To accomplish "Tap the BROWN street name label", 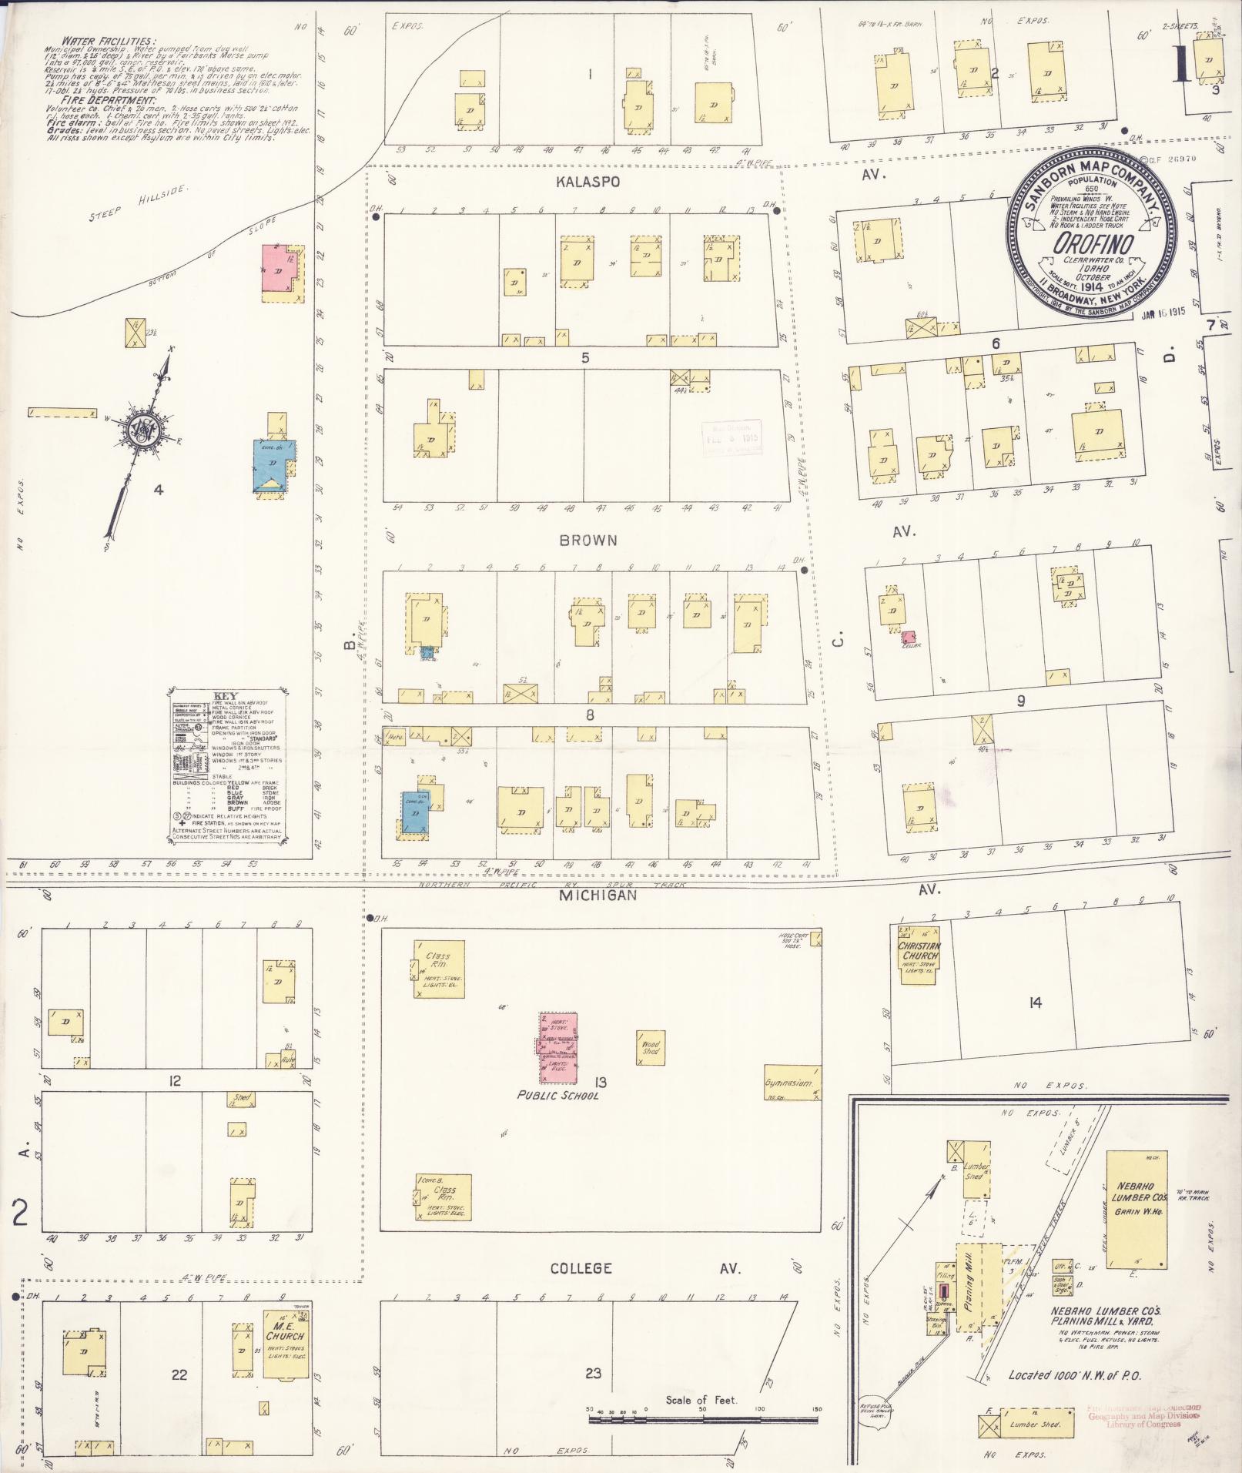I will pyautogui.click(x=588, y=541).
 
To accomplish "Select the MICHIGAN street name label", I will pyautogui.click(x=598, y=896).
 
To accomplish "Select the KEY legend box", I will pyautogui.click(x=227, y=765).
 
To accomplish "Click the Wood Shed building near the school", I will pyautogui.click(x=651, y=1046).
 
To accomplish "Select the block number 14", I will pyautogui.click(x=1034, y=1003).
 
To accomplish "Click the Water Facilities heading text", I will pyautogui.click(x=109, y=41).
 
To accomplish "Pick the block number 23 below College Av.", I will pyautogui.click(x=593, y=1373).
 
